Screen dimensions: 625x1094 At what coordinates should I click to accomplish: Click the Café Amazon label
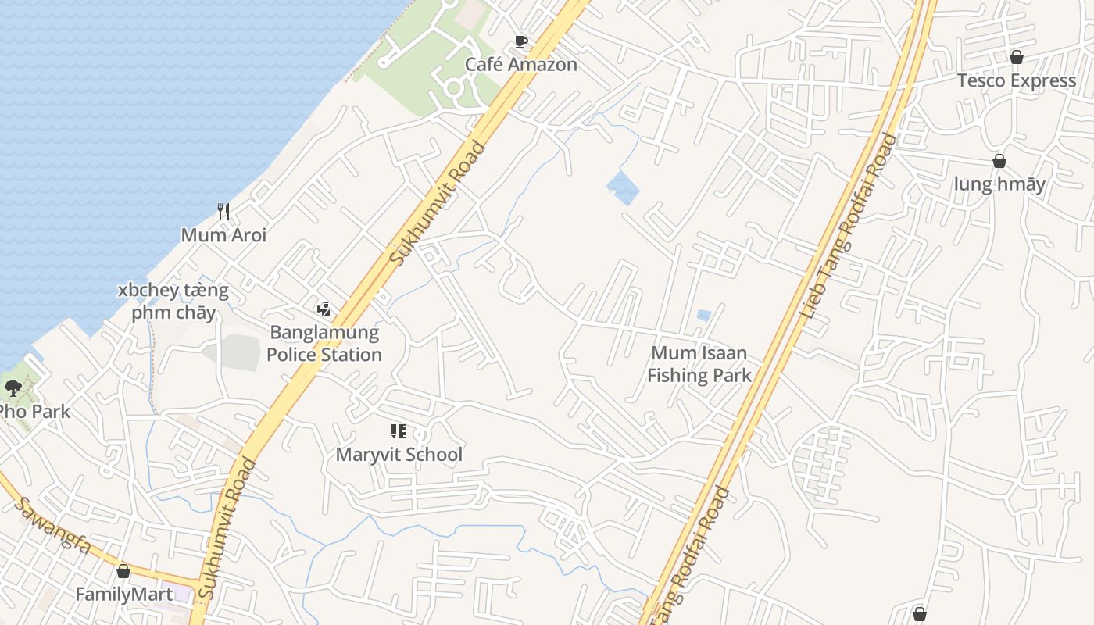pyautogui.click(x=521, y=65)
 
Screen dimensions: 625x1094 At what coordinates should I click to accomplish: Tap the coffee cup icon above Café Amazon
pyautogui.click(x=521, y=42)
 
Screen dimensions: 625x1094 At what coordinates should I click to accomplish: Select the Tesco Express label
pyautogui.click(x=1017, y=80)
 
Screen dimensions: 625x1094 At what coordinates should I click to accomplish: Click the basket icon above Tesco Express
pyautogui.click(x=1017, y=57)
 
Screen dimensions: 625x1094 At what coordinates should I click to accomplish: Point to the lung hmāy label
pyautogui.click(x=999, y=184)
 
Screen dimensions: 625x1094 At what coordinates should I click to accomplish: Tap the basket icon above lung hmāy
pyautogui.click(x=999, y=161)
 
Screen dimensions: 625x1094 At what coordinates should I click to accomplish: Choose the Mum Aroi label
pyautogui.click(x=223, y=235)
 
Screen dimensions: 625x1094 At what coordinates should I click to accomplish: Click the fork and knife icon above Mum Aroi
pyautogui.click(x=223, y=211)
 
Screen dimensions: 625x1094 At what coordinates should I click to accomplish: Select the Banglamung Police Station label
pyautogui.click(x=324, y=344)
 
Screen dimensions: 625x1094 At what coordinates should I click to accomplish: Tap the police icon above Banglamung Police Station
pyautogui.click(x=324, y=309)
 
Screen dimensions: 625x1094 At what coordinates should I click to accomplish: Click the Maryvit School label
pyautogui.click(x=399, y=455)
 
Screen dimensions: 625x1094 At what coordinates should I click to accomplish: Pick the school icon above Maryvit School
pyautogui.click(x=399, y=431)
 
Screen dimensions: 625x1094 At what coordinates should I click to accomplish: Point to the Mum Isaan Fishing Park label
pyautogui.click(x=699, y=364)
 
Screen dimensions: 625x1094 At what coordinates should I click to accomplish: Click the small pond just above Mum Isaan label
pyautogui.click(x=704, y=316)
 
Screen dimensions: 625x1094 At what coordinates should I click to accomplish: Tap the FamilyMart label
pyautogui.click(x=124, y=595)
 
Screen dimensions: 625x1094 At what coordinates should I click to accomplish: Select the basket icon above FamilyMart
pyautogui.click(x=123, y=571)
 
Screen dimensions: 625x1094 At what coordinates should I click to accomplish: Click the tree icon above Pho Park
pyautogui.click(x=13, y=387)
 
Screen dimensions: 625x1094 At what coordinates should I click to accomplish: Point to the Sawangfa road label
pyautogui.click(x=53, y=524)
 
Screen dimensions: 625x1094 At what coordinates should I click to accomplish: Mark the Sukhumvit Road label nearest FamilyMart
pyautogui.click(x=227, y=529)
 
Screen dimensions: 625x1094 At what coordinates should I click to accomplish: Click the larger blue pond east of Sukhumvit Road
pyautogui.click(x=623, y=188)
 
